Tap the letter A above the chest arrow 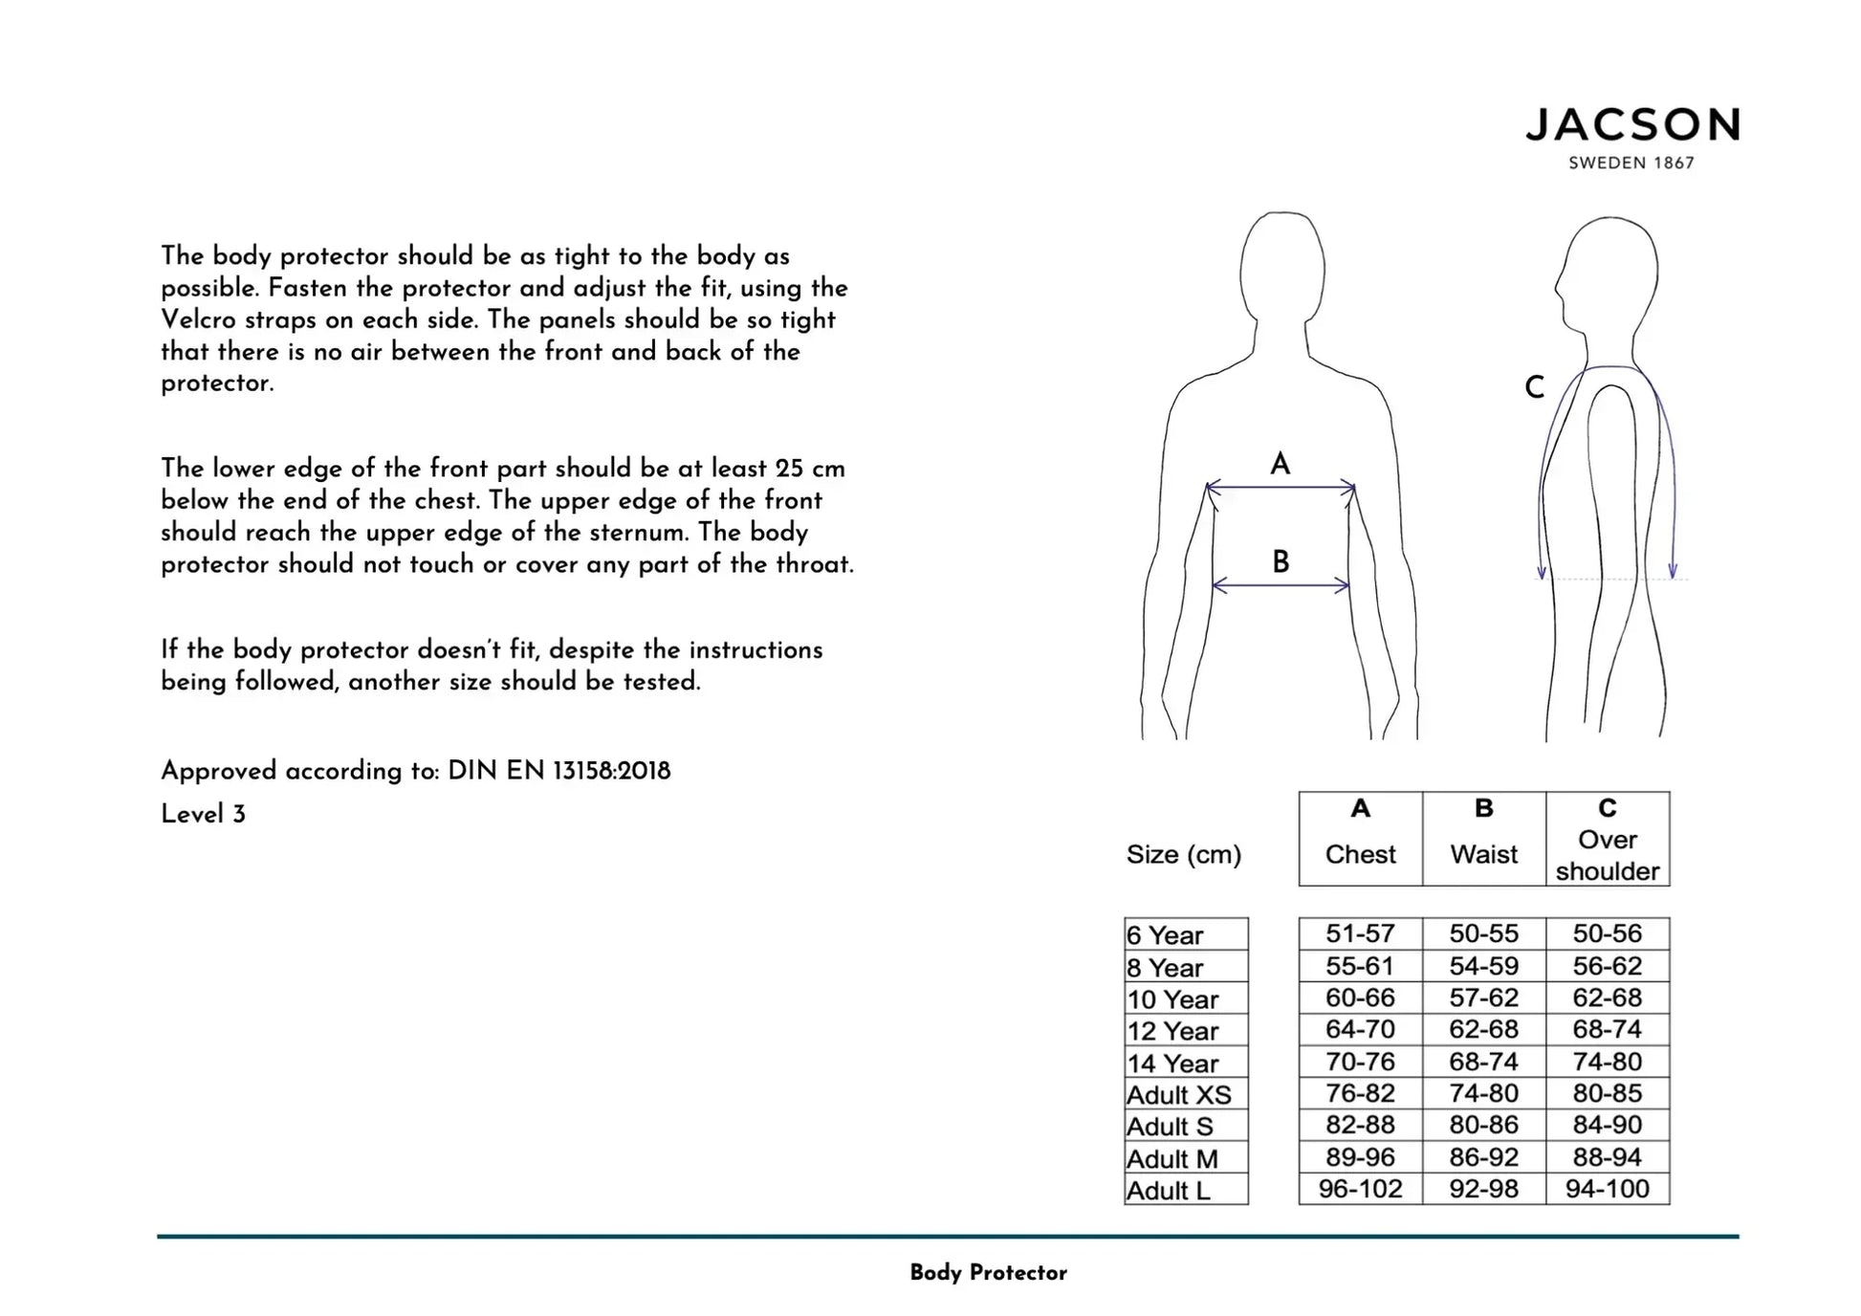(x=1280, y=465)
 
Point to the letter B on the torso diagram (x=1281, y=561)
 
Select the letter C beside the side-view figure (x=1534, y=387)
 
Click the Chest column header (x=1360, y=854)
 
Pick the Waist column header (x=1483, y=854)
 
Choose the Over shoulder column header (x=1607, y=855)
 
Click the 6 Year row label (x=1165, y=934)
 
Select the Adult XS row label (x=1179, y=1094)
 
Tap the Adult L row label (x=1169, y=1191)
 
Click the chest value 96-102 (x=1360, y=1189)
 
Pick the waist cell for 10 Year (x=1483, y=998)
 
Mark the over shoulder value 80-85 (x=1607, y=1093)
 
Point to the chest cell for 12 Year (x=1360, y=1029)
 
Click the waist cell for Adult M (x=1483, y=1157)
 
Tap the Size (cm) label (x=1184, y=854)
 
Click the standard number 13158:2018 (x=612, y=771)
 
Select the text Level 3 (x=203, y=815)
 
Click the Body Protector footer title (x=988, y=1273)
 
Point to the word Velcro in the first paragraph (x=199, y=319)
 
